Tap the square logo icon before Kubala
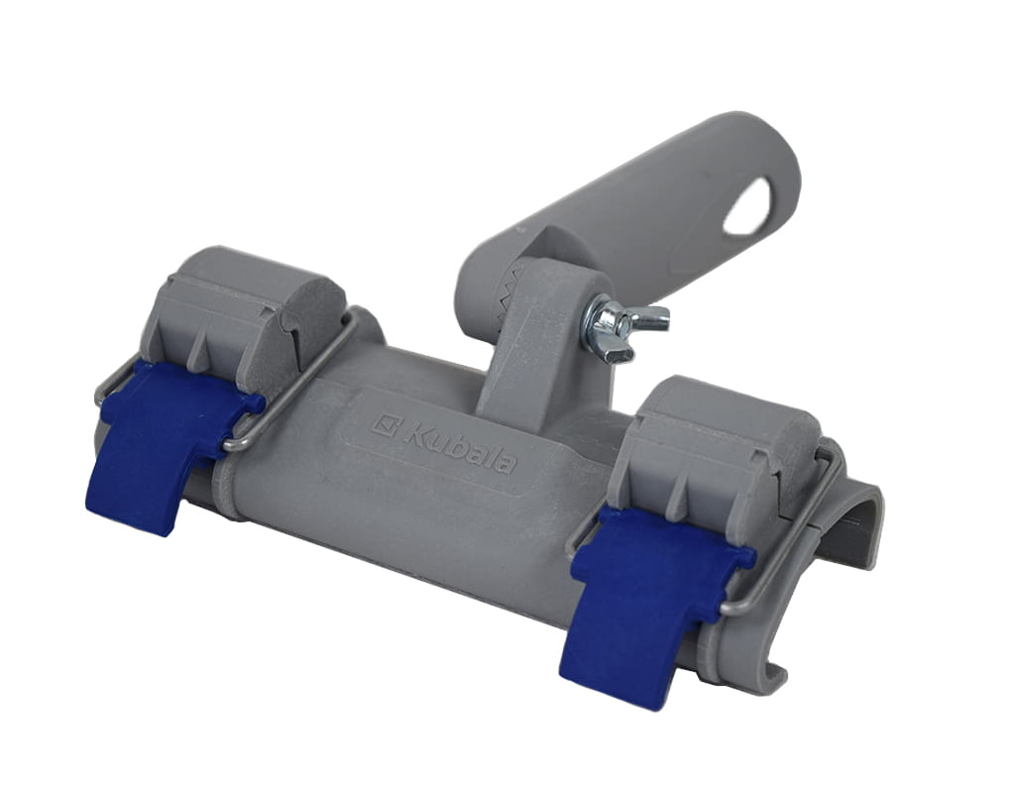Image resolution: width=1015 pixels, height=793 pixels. (386, 424)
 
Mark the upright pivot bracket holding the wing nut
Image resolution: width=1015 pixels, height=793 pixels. (535, 337)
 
